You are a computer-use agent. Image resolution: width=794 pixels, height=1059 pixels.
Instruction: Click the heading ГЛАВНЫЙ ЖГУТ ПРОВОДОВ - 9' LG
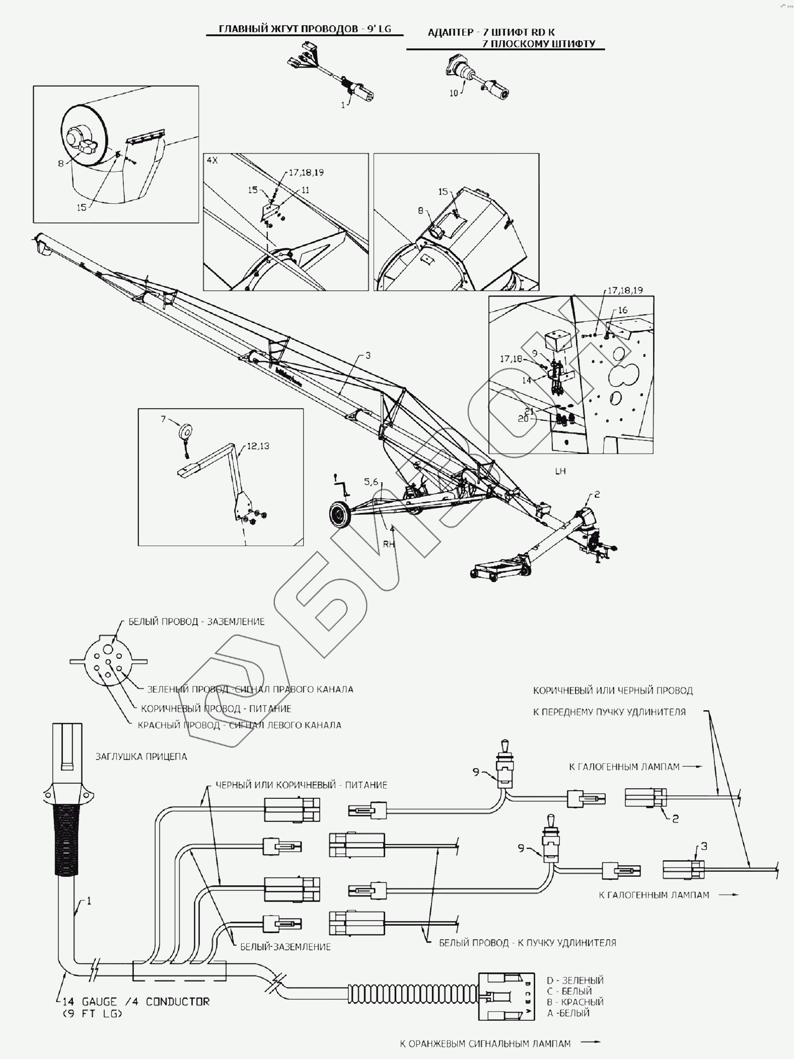(305, 29)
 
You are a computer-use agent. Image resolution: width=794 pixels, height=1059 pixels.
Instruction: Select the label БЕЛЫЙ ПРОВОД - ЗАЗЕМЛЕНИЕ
(196, 622)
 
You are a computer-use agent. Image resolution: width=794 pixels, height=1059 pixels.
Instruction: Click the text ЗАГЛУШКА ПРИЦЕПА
(141, 757)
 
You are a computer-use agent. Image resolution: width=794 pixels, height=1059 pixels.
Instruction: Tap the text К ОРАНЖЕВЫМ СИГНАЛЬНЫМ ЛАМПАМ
(485, 1044)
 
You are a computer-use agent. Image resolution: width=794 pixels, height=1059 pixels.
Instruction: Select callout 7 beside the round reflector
(163, 419)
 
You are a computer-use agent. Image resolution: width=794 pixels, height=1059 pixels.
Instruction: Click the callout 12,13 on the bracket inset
(258, 446)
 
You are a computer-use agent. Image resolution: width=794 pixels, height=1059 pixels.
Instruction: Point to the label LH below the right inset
(560, 471)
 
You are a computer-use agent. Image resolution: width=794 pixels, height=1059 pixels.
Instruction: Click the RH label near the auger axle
(389, 544)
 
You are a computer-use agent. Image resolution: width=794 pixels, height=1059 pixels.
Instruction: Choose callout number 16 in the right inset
(622, 310)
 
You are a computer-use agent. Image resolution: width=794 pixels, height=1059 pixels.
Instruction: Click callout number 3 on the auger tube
(368, 355)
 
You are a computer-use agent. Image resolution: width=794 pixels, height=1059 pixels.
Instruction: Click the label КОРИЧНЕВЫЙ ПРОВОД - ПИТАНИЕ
(216, 709)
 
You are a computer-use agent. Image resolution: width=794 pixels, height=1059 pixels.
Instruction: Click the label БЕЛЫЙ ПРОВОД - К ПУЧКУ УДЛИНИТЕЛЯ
(528, 943)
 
